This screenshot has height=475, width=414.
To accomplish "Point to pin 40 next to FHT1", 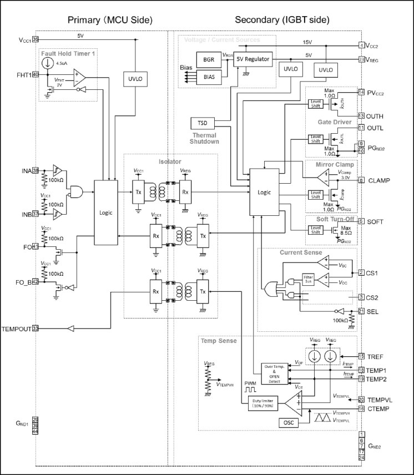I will [x=35, y=74].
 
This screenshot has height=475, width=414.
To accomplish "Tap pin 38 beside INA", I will [x=35, y=171].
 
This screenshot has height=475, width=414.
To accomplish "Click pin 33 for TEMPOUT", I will [x=35, y=329].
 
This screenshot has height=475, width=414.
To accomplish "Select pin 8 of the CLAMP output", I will [x=361, y=180].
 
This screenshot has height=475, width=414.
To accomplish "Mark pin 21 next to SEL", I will [x=361, y=311].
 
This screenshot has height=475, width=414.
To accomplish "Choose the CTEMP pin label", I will [x=380, y=408].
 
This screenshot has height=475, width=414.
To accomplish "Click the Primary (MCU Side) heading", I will [x=110, y=20].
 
